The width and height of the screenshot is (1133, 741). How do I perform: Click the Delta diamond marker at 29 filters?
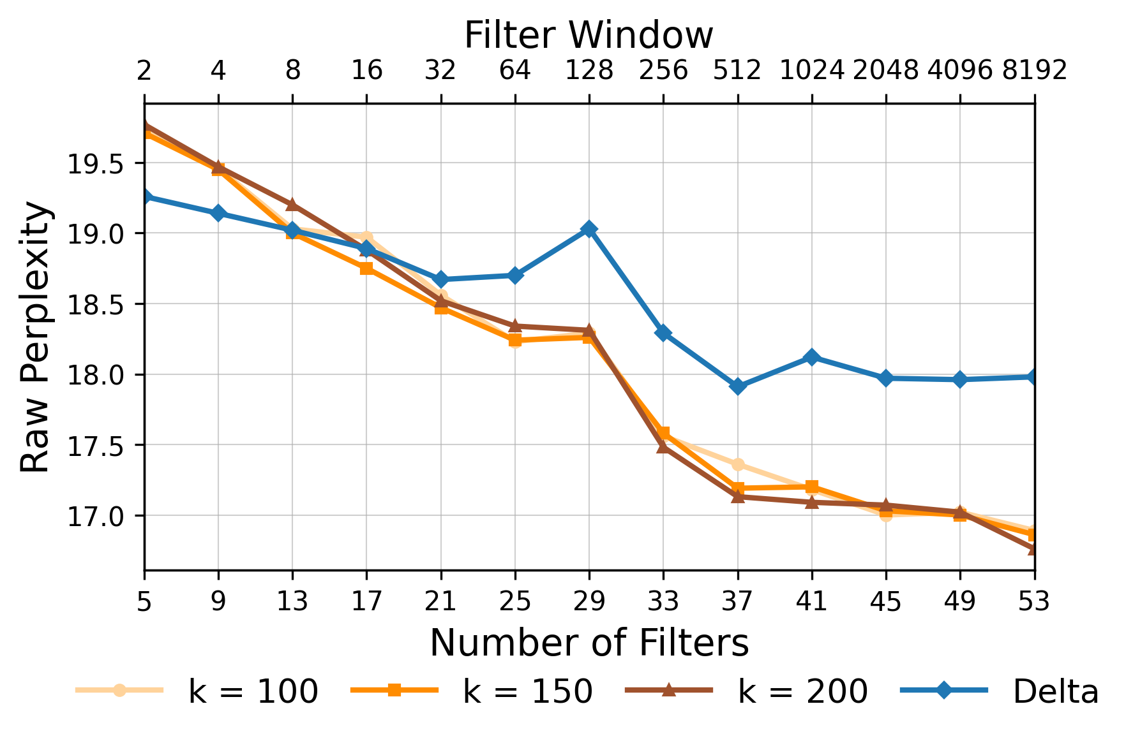(x=589, y=229)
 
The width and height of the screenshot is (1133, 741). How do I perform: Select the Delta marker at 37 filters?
(x=737, y=386)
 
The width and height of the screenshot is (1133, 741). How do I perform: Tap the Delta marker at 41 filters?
(x=811, y=356)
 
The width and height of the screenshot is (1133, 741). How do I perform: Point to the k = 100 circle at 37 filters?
(x=737, y=464)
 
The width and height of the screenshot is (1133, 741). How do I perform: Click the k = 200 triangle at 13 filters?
(x=292, y=204)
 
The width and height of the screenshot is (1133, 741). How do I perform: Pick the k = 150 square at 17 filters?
(x=366, y=268)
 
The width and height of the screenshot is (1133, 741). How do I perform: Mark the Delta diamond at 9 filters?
(x=218, y=213)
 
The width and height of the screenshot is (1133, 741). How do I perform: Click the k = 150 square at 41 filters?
(x=811, y=487)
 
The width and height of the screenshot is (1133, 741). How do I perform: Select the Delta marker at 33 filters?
(x=663, y=333)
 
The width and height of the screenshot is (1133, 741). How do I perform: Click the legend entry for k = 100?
(x=198, y=691)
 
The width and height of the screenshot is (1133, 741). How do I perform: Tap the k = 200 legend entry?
(x=747, y=691)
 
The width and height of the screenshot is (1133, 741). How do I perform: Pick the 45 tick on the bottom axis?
(x=885, y=601)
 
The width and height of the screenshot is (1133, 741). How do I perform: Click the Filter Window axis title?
(x=588, y=35)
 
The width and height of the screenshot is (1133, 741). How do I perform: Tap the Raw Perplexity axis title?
(x=35, y=337)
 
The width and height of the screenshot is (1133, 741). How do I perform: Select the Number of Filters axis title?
(x=588, y=643)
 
